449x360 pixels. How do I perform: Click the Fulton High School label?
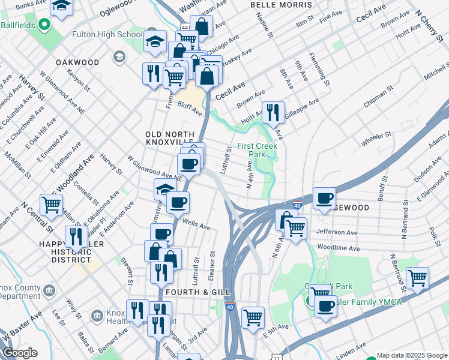click(107, 35)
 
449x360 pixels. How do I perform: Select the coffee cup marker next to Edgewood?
click(324, 199)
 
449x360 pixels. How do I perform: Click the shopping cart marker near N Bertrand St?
click(417, 278)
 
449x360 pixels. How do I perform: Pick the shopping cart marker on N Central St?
click(52, 205)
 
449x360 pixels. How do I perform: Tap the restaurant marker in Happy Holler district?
click(76, 237)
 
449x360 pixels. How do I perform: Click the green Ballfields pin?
click(43, 25)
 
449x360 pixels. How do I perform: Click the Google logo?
click(20, 353)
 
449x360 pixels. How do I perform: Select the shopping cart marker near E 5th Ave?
click(253, 316)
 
